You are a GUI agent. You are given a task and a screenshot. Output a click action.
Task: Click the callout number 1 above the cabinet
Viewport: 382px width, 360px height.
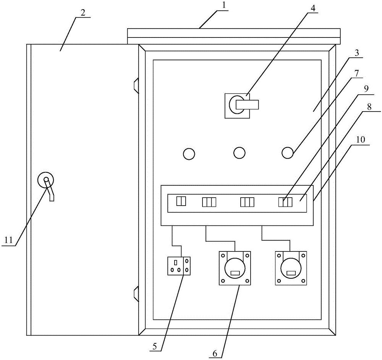pos(224,6)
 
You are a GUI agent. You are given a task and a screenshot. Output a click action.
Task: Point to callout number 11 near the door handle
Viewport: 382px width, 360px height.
pos(9,240)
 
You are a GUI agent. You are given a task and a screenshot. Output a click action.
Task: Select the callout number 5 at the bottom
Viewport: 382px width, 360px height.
pos(154,347)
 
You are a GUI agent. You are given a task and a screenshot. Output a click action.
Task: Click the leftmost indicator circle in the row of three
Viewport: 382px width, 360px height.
pos(189,154)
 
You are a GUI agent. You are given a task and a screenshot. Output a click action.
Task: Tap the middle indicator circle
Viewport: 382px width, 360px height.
pos(239,153)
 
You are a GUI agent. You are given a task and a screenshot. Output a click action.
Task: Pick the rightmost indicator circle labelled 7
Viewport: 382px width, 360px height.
pos(288,152)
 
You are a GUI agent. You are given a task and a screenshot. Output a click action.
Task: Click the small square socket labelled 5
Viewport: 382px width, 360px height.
pos(179,266)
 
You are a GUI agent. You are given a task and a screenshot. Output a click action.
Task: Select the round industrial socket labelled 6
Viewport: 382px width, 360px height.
pos(235,268)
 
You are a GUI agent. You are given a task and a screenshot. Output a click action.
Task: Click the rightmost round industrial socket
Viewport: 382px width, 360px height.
pos(291,268)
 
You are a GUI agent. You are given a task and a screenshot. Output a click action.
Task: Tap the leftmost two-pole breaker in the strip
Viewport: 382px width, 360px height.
pos(181,201)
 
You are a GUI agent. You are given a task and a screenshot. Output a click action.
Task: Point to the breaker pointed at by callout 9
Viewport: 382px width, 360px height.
pos(285,202)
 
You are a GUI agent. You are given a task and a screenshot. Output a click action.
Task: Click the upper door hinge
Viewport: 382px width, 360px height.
pos(136,86)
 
